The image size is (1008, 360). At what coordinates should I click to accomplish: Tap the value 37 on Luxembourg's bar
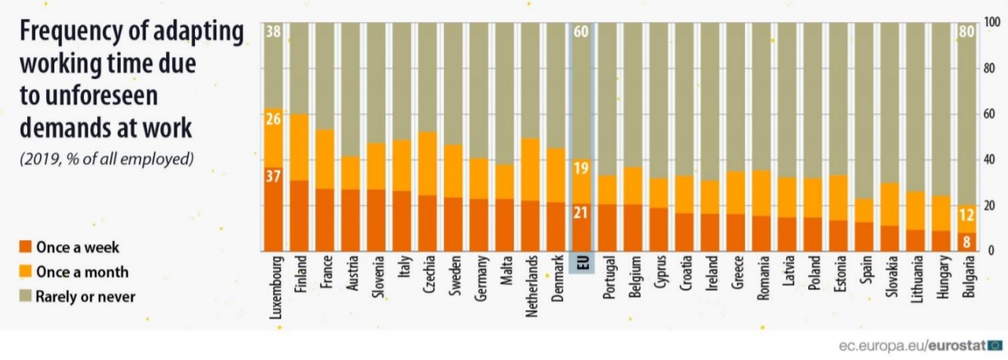point(274,176)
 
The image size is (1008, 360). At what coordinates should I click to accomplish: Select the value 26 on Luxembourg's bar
point(274,119)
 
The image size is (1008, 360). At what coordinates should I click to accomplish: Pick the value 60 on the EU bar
point(580,33)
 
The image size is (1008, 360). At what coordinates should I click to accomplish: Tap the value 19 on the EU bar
point(580,168)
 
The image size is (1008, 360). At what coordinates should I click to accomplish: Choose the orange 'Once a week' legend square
point(25,247)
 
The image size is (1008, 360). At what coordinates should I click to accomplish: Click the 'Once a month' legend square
point(25,271)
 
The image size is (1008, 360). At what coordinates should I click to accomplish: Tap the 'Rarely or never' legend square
point(25,296)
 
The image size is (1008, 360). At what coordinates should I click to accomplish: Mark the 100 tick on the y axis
point(991,24)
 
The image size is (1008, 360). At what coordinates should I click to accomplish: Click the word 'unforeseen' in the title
point(90,96)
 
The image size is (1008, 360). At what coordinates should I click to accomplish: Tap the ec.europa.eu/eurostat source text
point(912,345)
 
